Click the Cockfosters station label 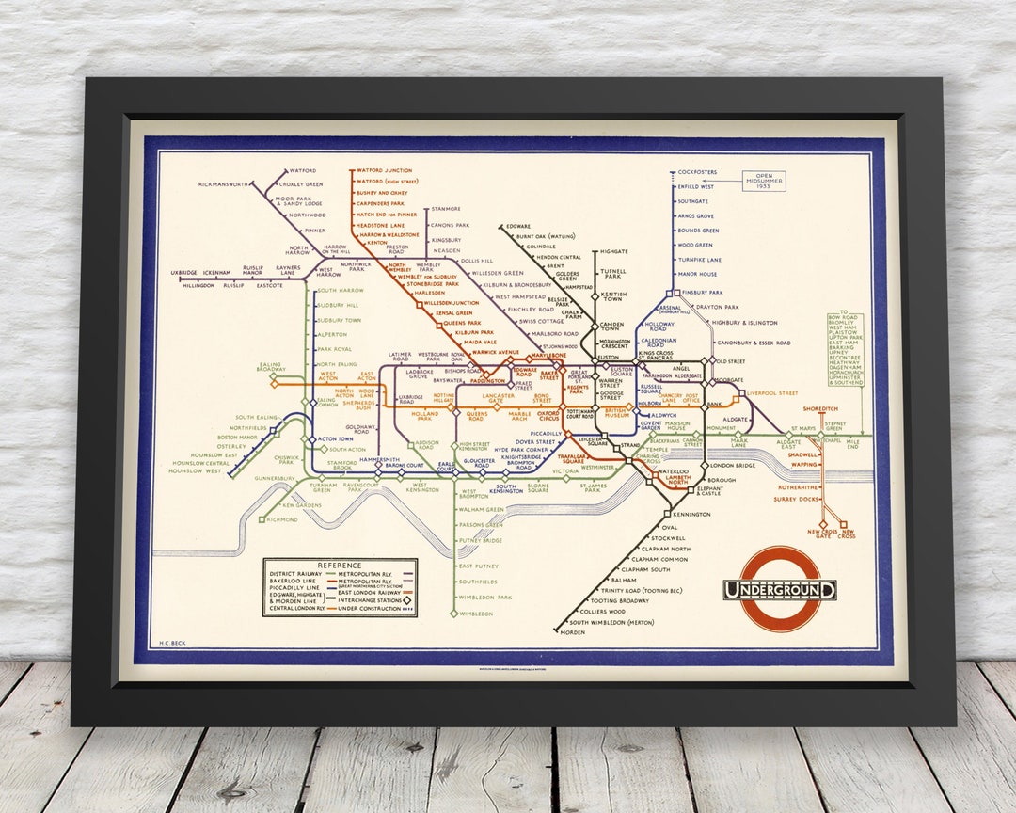click(x=697, y=172)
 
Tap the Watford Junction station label click(x=384, y=171)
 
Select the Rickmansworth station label click(x=223, y=184)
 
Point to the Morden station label click(x=572, y=632)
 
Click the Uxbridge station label click(x=184, y=273)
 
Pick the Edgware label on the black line click(x=519, y=226)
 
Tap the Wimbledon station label click(x=477, y=614)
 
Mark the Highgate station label click(x=613, y=251)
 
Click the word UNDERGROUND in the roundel click(x=779, y=590)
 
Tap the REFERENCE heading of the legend click(x=339, y=565)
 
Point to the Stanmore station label click(x=445, y=209)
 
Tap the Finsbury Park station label click(x=701, y=293)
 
